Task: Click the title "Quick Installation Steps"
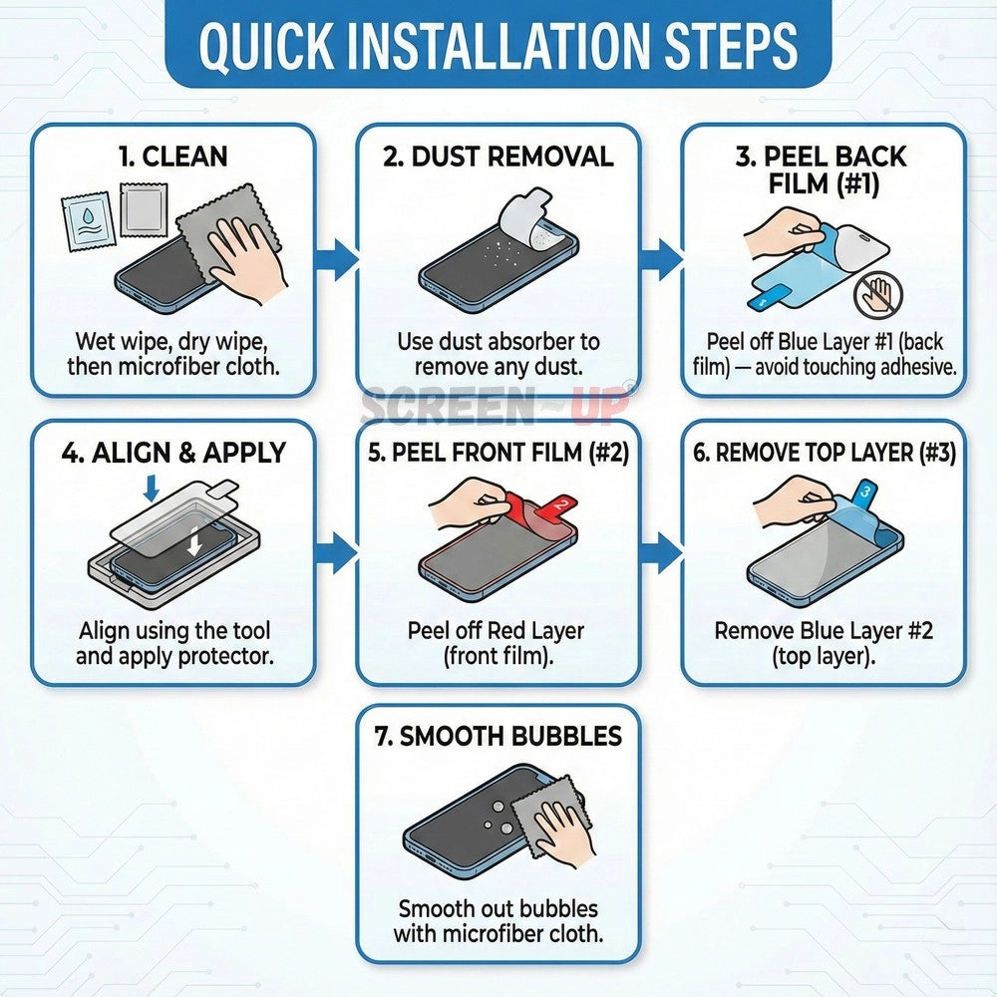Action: (498, 46)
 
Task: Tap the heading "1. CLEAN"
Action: (172, 157)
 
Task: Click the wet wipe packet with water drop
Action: (88, 223)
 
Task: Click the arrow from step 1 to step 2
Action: (337, 259)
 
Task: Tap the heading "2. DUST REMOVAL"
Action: (498, 157)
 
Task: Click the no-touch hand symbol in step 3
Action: (878, 295)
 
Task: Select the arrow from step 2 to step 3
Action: (661, 259)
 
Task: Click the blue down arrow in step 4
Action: (151, 488)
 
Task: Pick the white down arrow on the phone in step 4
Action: (195, 540)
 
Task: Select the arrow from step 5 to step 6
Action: (661, 552)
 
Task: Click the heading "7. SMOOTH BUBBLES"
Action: (498, 736)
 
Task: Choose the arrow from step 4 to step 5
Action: (337, 552)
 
